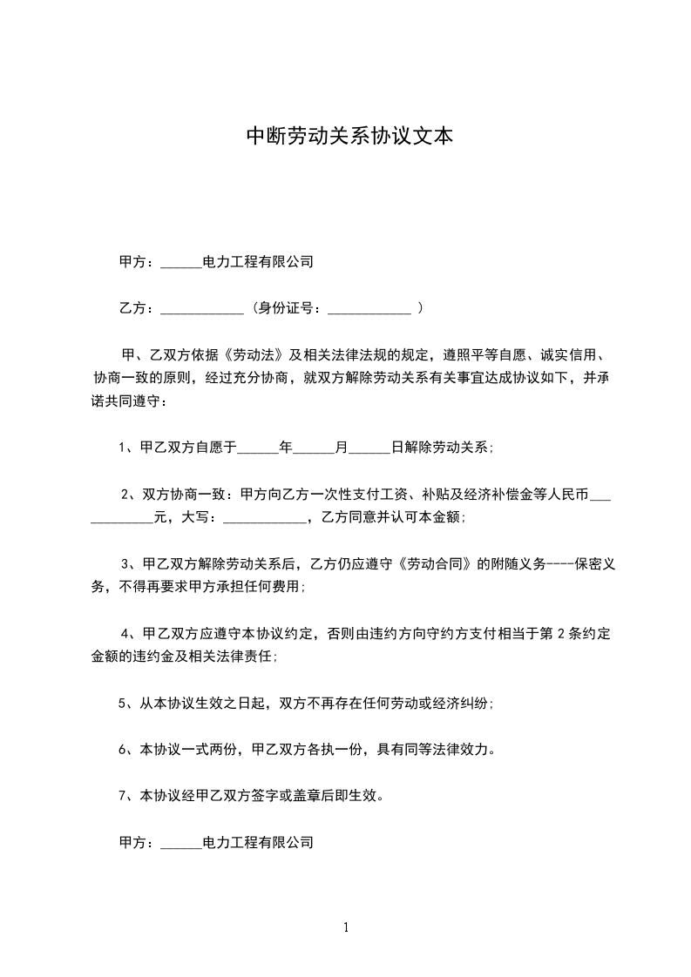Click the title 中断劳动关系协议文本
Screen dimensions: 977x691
349,137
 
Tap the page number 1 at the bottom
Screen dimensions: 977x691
346,927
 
